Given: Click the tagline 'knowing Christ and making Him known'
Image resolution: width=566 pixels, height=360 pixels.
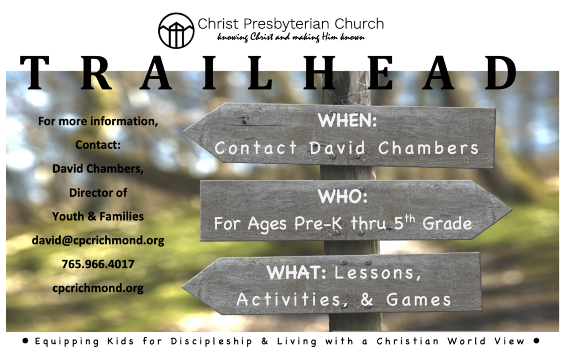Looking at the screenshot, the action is (291, 38).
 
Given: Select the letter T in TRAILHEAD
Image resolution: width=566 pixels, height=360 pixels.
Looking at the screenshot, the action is (35, 72).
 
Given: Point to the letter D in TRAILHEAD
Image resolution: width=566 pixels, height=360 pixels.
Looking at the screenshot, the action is (501, 72).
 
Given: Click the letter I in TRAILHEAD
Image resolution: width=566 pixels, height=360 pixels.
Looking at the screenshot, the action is (209, 72).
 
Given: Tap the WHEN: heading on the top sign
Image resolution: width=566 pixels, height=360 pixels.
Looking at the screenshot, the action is (347, 120).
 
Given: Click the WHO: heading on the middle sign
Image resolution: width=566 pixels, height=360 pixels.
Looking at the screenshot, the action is (343, 196).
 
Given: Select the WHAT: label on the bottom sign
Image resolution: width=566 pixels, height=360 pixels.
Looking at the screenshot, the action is (296, 273).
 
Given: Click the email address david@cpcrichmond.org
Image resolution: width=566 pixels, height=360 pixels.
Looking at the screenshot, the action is (98, 241).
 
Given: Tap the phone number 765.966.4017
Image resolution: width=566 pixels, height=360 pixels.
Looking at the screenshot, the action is (98, 264).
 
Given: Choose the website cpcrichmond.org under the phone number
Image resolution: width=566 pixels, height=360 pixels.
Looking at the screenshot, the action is (98, 288).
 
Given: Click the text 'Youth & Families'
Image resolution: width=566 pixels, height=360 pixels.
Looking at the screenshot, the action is (98, 216).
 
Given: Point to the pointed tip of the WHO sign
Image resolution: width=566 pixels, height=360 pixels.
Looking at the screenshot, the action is (511, 210).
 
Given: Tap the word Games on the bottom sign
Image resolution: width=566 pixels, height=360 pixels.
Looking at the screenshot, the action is (419, 300).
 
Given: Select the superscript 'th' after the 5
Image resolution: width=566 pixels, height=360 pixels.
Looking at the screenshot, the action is (410, 218).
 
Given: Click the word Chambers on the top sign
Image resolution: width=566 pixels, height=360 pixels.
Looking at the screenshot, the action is (428, 148).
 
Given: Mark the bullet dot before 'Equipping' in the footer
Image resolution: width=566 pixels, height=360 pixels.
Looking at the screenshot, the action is (25, 341).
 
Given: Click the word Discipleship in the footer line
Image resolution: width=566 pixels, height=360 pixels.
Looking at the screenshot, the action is (211, 342).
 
